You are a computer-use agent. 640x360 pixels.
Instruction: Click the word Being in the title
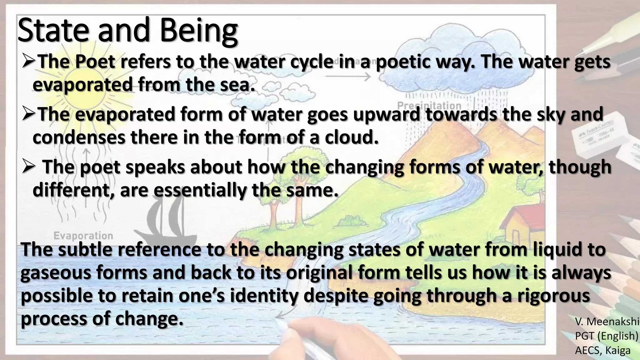click(199, 31)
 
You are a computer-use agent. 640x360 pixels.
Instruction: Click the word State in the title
click(53, 31)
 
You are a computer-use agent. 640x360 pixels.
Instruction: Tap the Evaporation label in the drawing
click(83, 235)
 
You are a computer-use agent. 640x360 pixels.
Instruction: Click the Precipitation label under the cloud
click(429, 105)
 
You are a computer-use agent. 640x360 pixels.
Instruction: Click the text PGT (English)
click(606, 336)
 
